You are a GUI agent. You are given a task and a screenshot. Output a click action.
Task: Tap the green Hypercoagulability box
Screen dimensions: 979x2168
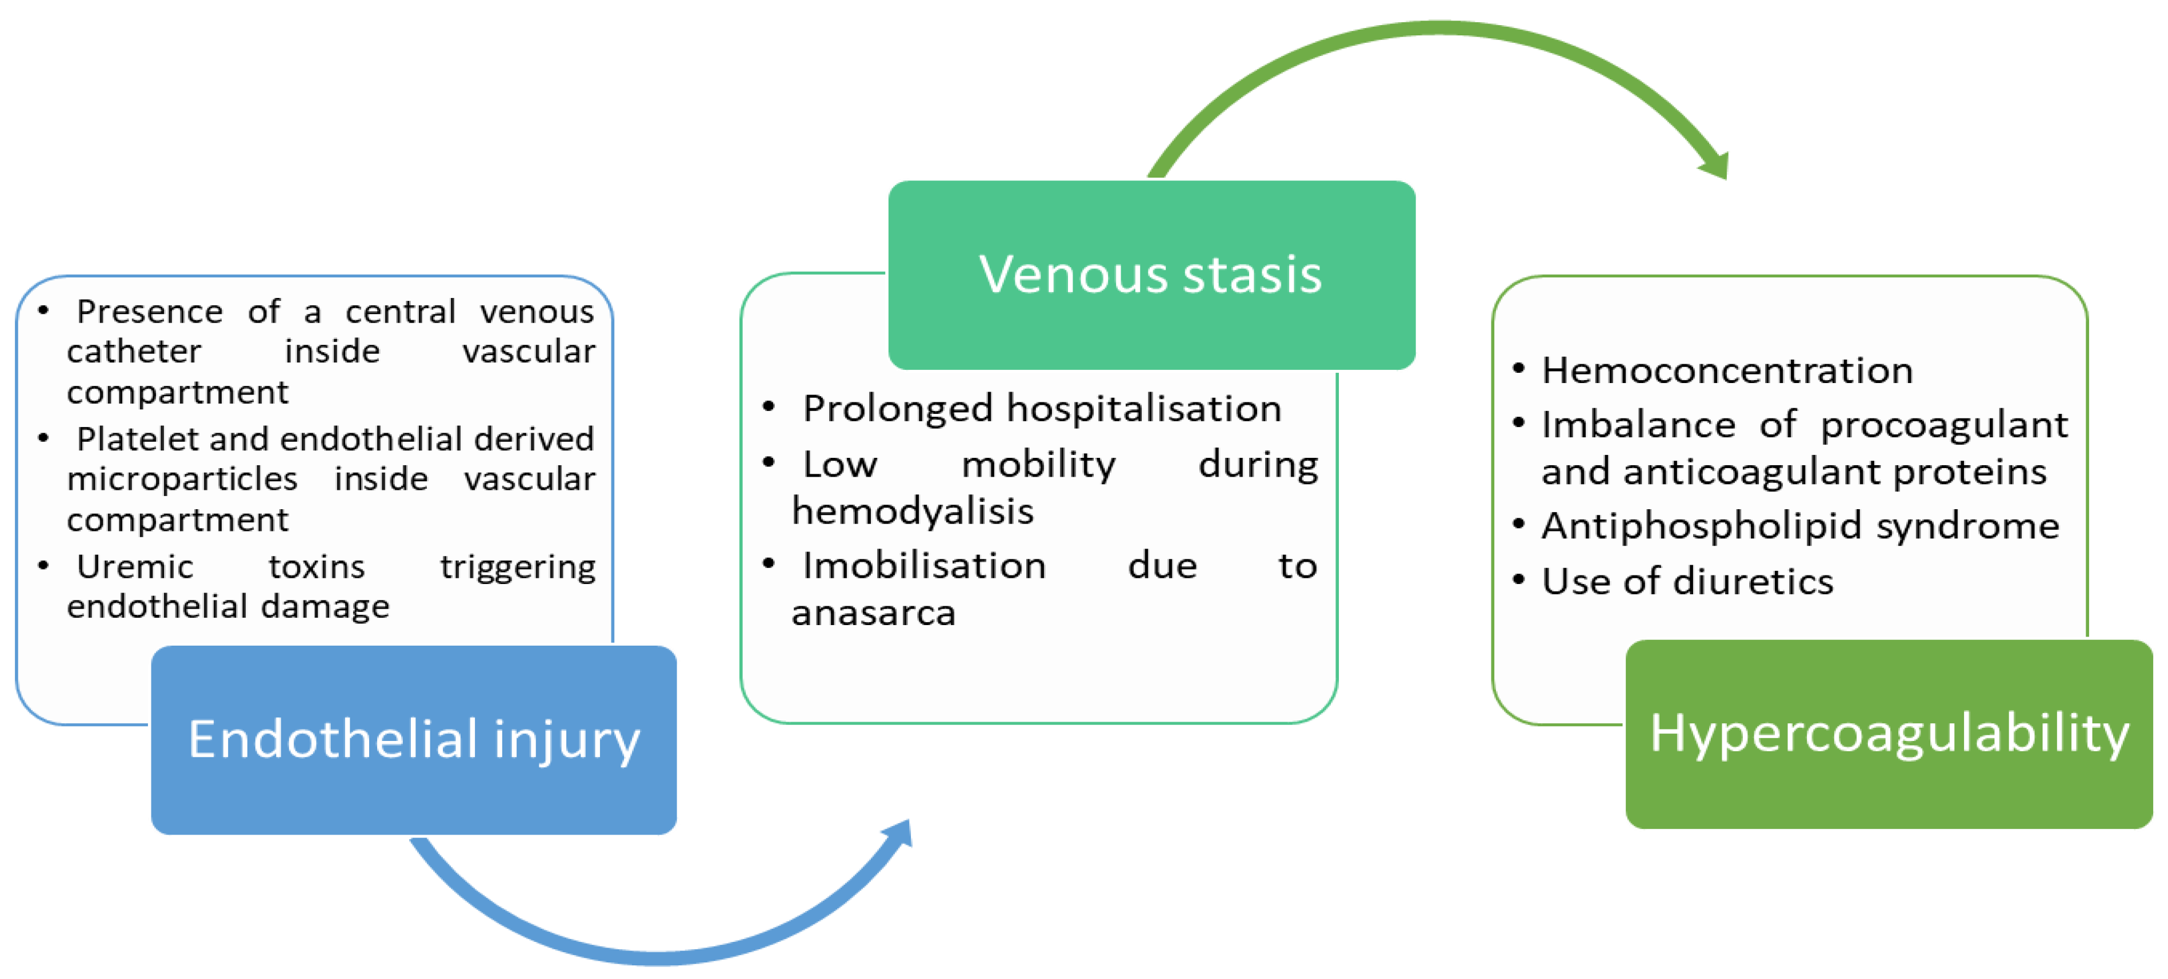[1889, 734]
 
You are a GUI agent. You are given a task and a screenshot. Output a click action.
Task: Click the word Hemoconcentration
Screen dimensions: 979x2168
[1727, 370]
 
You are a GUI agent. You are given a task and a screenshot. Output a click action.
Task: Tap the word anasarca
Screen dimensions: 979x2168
[874, 613]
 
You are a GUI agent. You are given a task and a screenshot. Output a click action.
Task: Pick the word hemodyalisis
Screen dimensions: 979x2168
[913, 510]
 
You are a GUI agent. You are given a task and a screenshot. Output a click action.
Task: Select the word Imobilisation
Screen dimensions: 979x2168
[923, 565]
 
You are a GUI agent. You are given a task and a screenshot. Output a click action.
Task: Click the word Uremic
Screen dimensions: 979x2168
[135, 566]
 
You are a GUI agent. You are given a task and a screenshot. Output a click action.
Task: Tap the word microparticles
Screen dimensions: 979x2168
[182, 478]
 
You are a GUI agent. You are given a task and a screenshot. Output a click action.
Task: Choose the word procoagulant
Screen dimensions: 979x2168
[1943, 425]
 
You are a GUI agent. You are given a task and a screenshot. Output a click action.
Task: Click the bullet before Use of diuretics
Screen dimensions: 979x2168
[1518, 579]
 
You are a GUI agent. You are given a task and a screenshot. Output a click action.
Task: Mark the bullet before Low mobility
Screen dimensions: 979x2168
[767, 462]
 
